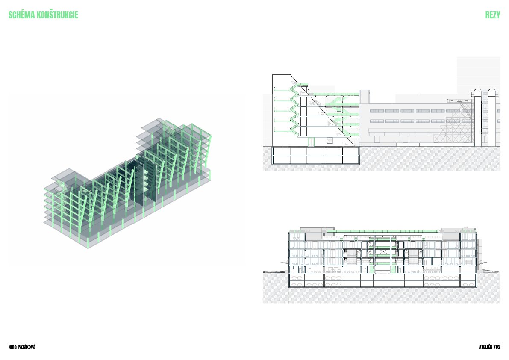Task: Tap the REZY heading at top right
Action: pyautogui.click(x=492, y=15)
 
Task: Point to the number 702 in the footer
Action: pyautogui.click(x=497, y=347)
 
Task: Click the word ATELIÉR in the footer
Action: pyautogui.click(x=485, y=347)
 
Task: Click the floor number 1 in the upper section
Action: pyautogui.click(x=344, y=144)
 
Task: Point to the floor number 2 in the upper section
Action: pyautogui.click(x=338, y=133)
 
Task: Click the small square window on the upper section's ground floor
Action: pyautogui.click(x=330, y=141)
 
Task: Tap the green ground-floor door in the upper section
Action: pyautogui.click(x=312, y=142)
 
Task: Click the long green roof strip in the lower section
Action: pyautogui.click(x=382, y=231)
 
